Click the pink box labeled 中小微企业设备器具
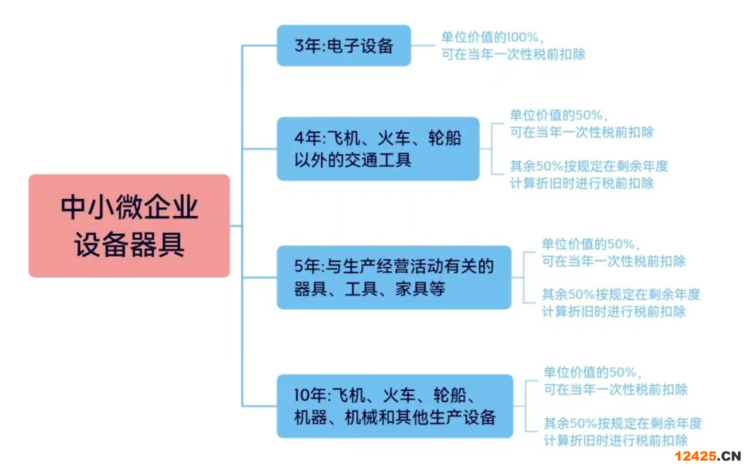[129, 225]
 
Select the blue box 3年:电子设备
[343, 46]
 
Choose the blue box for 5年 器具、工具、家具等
[393, 277]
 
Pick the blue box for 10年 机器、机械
[394, 405]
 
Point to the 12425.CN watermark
[707, 456]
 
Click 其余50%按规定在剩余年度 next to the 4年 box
[589, 167]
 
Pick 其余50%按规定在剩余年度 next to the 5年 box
[621, 295]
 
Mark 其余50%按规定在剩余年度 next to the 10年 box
[623, 424]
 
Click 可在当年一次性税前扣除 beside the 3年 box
[513, 55]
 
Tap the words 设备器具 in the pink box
[130, 245]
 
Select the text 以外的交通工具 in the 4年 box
[353, 159]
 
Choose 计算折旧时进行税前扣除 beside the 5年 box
[614, 311]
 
